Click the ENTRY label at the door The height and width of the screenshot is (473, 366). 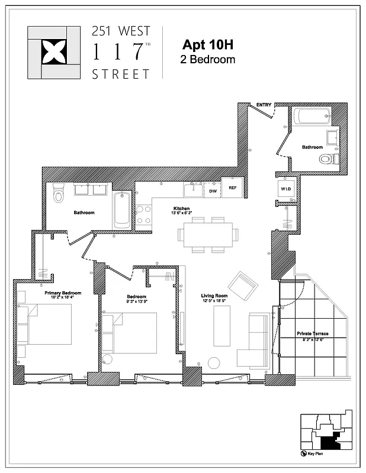point(264,105)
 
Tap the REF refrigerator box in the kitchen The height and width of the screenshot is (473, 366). point(233,188)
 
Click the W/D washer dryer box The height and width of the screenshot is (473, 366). point(285,189)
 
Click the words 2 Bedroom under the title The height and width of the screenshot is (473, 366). point(207,59)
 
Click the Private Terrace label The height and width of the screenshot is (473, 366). point(313,334)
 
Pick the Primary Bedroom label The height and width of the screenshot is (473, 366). point(63,293)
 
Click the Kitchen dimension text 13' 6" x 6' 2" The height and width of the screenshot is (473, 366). point(182,214)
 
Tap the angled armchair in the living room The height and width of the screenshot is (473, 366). point(243,286)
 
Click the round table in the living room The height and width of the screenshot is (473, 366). point(214,363)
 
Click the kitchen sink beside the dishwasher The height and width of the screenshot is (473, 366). point(193,190)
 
